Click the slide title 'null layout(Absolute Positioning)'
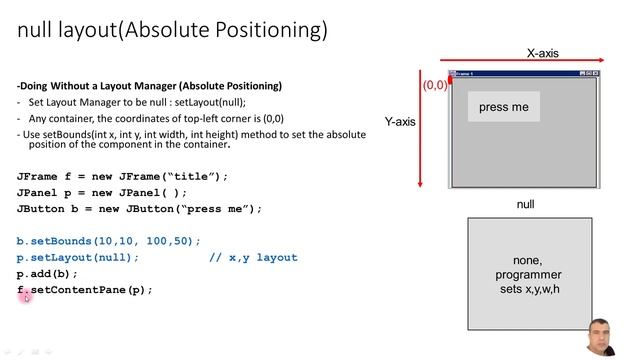click(172, 31)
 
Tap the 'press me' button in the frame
click(503, 107)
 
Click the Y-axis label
click(401, 122)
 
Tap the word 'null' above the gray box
click(525, 204)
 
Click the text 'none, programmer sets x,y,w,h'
click(529, 275)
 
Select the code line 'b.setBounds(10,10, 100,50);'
click(109, 241)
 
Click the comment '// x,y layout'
click(253, 257)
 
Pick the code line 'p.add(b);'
click(47, 273)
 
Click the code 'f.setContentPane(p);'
click(85, 290)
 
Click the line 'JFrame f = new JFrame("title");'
click(122, 176)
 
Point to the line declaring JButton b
click(139, 208)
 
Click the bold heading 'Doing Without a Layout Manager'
click(150, 86)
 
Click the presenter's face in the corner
click(603, 337)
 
